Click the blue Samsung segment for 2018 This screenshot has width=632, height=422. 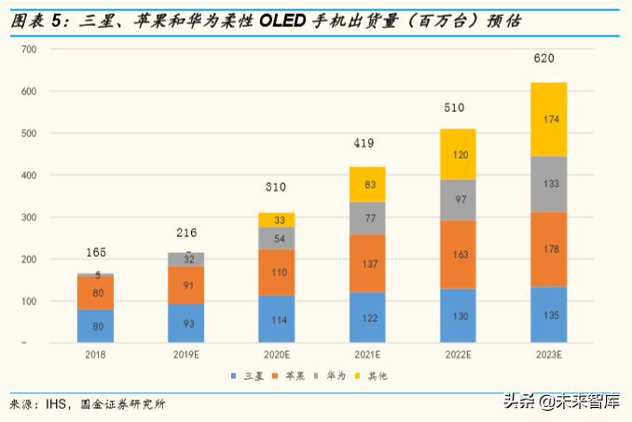tap(97, 326)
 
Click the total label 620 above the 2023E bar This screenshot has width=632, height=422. tap(543, 58)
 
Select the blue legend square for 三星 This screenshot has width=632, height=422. tap(234, 376)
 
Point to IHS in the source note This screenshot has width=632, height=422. tap(60, 404)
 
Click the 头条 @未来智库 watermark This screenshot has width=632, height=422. tap(561, 402)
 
